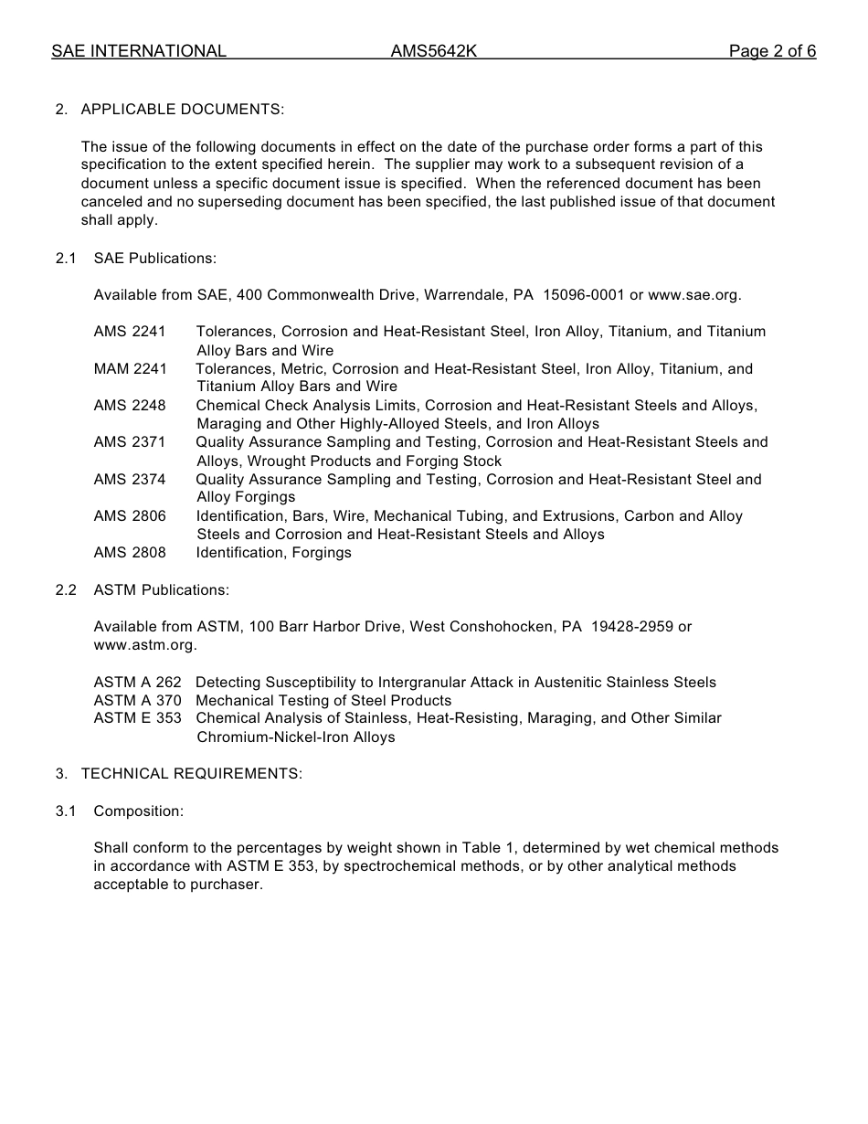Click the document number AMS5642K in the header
pos(434,51)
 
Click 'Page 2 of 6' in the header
pos(772,51)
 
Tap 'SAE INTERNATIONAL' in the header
pos(139,51)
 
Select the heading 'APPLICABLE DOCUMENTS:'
pos(183,110)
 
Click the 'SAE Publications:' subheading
pos(155,259)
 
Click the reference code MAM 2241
pos(130,369)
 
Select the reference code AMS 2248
pos(130,406)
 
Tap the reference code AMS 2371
pos(130,442)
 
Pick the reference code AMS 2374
pos(130,480)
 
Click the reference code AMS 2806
pos(130,516)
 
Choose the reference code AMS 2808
pos(130,553)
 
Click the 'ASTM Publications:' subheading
pos(162,590)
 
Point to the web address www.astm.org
pos(144,645)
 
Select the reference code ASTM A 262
pos(137,683)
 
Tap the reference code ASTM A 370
pos(137,701)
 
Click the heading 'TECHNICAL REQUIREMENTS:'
pos(192,774)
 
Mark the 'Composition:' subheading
pos(139,811)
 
